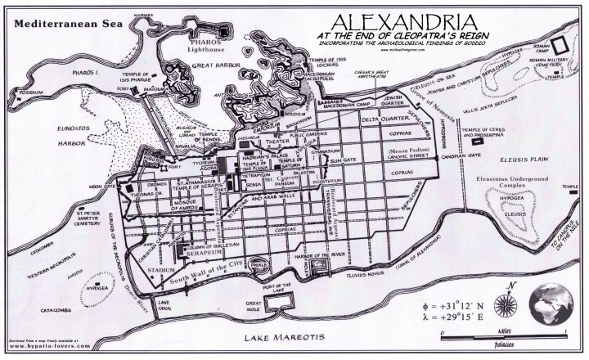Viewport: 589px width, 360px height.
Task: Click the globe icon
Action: (x=555, y=311)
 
